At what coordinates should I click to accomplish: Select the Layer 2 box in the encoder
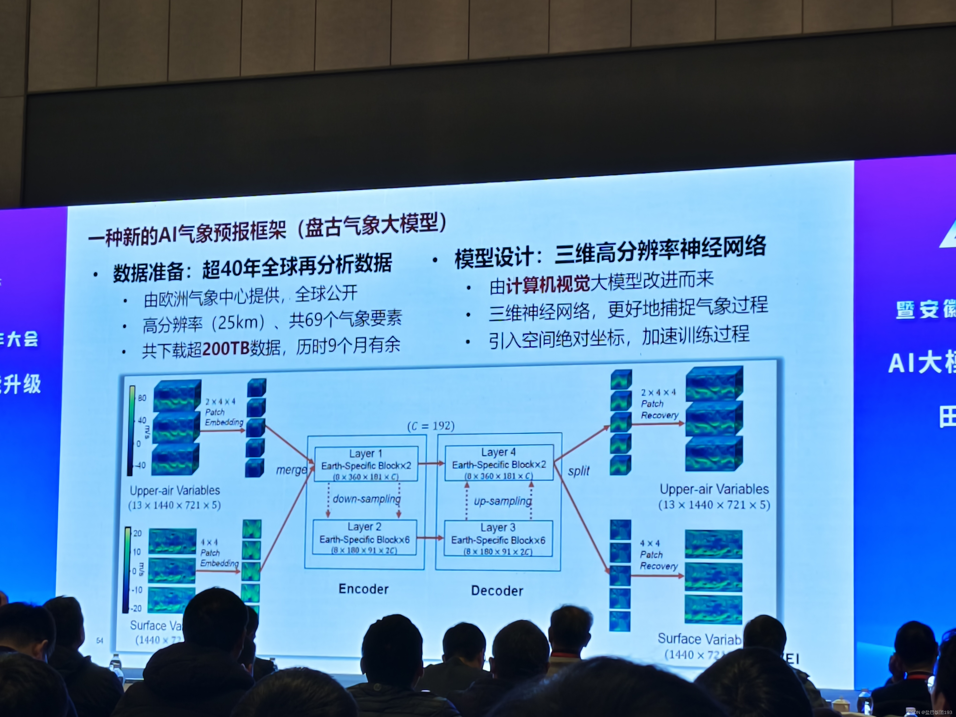click(364, 538)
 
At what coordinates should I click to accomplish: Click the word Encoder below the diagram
click(363, 589)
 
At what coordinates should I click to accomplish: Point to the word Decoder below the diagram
click(497, 591)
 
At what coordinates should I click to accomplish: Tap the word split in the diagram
click(578, 471)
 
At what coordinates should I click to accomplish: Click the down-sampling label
click(366, 499)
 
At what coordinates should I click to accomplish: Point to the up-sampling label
click(503, 501)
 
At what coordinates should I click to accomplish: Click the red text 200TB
click(226, 348)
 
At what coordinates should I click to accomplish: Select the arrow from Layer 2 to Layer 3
click(430, 538)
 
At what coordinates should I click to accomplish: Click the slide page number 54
click(100, 640)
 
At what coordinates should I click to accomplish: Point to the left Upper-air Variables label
click(175, 491)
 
